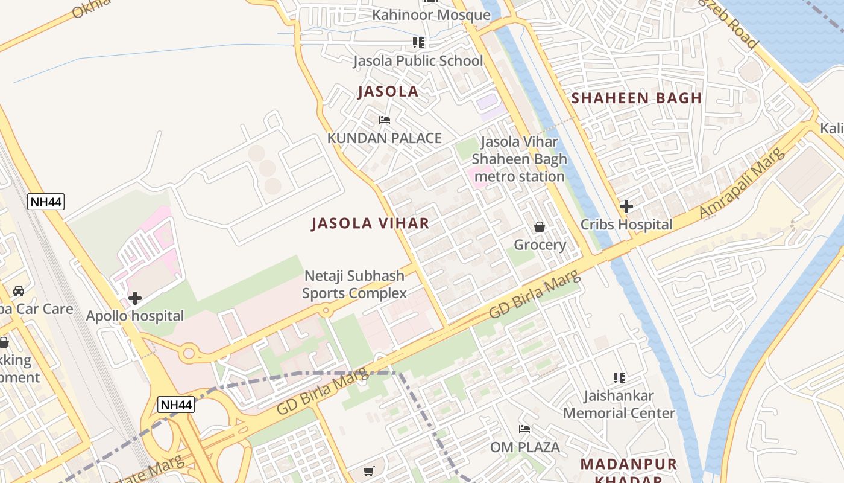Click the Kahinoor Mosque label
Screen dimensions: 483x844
point(431,15)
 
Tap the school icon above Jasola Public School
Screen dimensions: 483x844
point(418,43)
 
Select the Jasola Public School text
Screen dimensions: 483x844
point(418,61)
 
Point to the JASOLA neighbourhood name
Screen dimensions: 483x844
point(388,92)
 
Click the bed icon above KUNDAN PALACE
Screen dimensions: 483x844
point(385,120)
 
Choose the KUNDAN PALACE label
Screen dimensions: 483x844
point(385,138)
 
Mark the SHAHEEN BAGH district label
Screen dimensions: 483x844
point(636,98)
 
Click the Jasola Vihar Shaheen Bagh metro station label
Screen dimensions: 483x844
point(519,159)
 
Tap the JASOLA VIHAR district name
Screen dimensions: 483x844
point(370,223)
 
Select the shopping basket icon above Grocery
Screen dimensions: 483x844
point(540,227)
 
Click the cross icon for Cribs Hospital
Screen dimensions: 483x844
point(626,206)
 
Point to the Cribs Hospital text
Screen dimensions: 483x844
point(626,225)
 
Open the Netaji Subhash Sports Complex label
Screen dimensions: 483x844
point(354,285)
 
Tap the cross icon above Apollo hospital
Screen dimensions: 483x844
point(135,298)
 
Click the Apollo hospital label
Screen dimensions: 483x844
point(135,316)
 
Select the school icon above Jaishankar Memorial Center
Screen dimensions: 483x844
point(619,378)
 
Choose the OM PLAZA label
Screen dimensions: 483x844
point(524,447)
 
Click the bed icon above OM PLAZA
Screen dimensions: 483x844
point(524,429)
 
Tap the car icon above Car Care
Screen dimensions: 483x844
point(19,291)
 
